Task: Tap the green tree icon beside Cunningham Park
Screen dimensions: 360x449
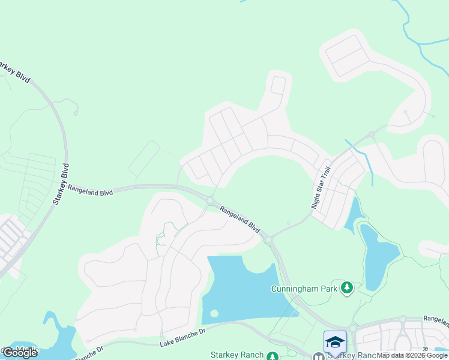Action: click(346, 289)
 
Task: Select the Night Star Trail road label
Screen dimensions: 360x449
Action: click(321, 188)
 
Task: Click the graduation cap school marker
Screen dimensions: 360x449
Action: click(335, 342)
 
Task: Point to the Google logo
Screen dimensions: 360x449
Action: click(20, 353)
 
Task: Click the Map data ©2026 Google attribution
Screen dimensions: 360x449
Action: click(412, 355)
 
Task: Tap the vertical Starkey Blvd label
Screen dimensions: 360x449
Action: click(60, 184)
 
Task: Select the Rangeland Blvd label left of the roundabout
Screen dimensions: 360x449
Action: click(90, 190)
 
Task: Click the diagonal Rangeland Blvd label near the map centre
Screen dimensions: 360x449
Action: click(240, 219)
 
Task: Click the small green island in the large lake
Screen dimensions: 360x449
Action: click(214, 313)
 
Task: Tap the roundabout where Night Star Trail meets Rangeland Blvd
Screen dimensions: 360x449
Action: click(268, 240)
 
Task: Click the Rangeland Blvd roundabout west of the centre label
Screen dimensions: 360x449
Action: click(210, 200)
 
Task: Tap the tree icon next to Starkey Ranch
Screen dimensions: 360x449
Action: click(273, 356)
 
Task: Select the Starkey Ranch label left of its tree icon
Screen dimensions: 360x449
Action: click(237, 355)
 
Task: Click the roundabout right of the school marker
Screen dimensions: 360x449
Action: click(353, 328)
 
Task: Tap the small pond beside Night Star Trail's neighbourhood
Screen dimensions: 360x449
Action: click(354, 216)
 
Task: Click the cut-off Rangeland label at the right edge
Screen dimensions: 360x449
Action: click(436, 320)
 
